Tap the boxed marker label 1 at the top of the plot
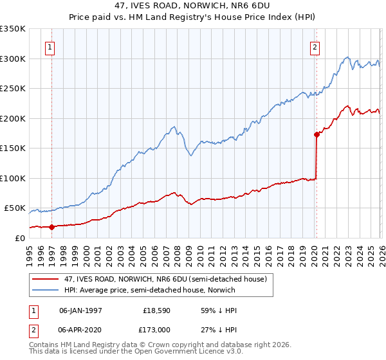(x=50, y=46)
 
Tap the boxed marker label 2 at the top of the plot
(x=315, y=46)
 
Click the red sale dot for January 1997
(x=52, y=227)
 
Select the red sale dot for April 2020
(x=317, y=135)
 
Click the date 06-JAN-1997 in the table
(x=80, y=310)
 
